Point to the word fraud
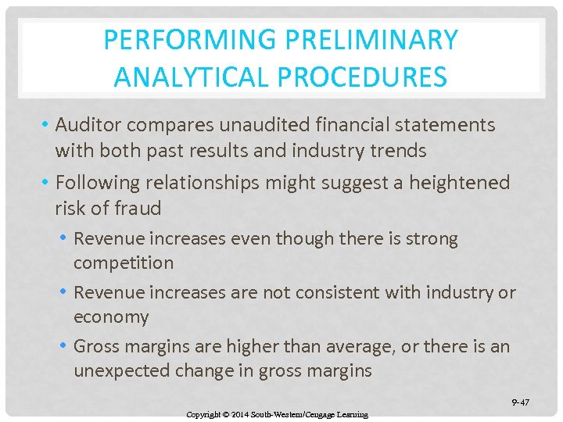[139, 209]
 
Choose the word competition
[124, 263]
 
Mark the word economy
[111, 317]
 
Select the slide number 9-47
[520, 402]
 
